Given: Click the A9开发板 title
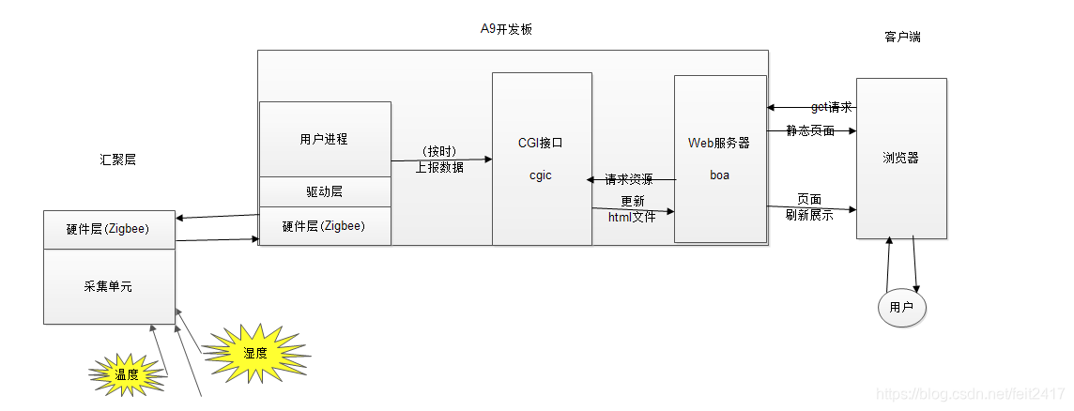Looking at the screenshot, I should click(507, 29).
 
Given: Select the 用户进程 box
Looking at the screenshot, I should click(324, 139).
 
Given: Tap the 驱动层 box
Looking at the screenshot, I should click(324, 191).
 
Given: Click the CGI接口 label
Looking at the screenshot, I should click(541, 143).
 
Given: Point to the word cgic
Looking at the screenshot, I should click(541, 175).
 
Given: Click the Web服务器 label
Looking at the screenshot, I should click(719, 143).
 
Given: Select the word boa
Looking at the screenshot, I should click(719, 175).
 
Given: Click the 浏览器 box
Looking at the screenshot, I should click(900, 158).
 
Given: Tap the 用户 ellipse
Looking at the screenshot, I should click(901, 307).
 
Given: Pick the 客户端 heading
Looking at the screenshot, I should click(902, 38).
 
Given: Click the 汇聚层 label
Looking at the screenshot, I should click(117, 160).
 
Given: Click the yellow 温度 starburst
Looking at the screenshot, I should click(128, 374).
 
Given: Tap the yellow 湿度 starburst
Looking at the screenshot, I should click(255, 353).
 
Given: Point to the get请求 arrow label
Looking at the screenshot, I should click(831, 107).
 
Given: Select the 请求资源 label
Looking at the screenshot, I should click(628, 179).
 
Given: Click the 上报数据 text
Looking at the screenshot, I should click(439, 167).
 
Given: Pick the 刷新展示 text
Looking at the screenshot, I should click(809, 214).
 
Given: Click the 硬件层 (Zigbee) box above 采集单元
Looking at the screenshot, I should click(108, 230).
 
